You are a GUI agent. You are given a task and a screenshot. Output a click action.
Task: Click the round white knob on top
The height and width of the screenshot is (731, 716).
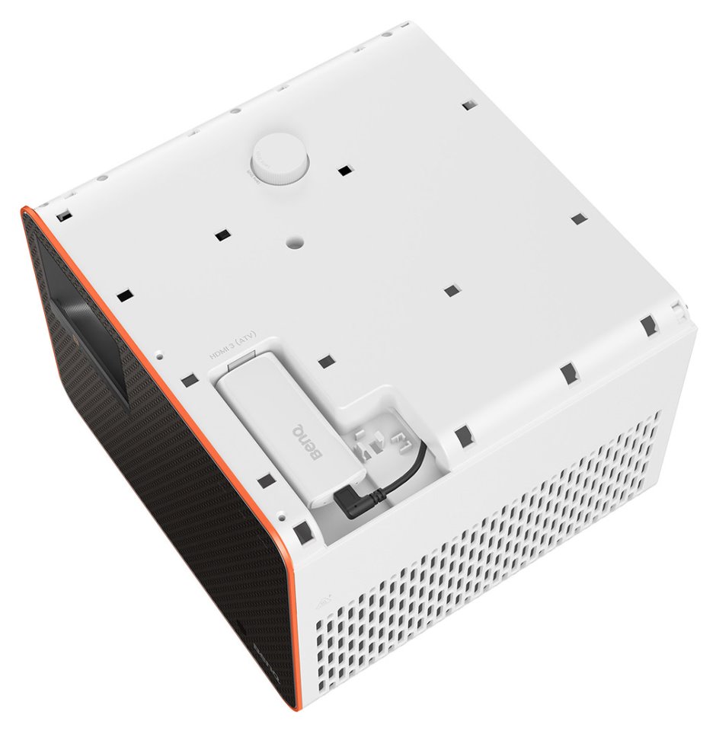(x=280, y=159)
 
